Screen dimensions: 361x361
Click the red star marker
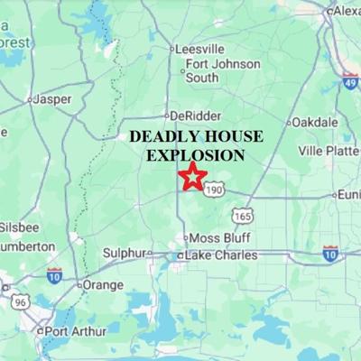click(192, 176)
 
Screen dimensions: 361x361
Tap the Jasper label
click(51, 98)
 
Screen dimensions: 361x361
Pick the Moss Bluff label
click(217, 237)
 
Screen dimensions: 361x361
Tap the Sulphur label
click(123, 254)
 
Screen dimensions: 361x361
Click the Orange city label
click(102, 284)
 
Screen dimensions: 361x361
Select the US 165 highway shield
click(242, 215)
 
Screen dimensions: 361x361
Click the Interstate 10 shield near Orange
click(55, 274)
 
